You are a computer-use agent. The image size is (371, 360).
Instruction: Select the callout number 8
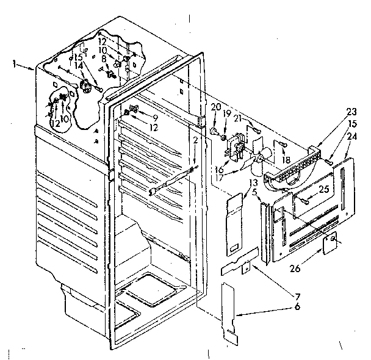pos(104,60)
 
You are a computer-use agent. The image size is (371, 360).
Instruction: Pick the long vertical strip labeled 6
pos(229,311)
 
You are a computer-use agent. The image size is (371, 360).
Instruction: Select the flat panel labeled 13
pos(235,220)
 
